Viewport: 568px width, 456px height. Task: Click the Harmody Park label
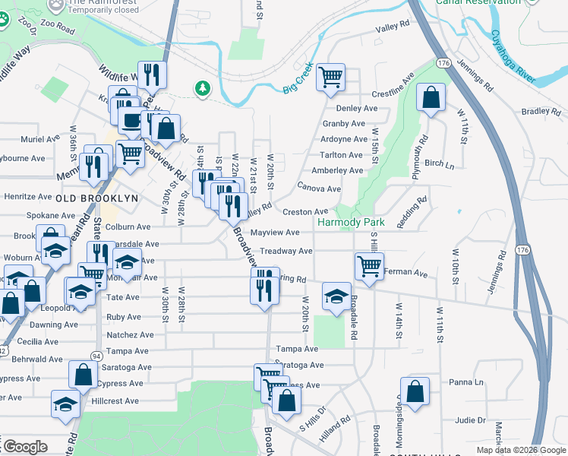(352, 223)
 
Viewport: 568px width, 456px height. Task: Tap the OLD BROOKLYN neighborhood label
(97, 198)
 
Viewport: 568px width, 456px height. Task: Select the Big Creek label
(298, 82)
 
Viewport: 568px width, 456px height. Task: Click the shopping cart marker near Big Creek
(331, 77)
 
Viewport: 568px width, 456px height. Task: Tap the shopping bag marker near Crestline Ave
(431, 98)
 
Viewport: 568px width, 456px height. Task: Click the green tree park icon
(203, 89)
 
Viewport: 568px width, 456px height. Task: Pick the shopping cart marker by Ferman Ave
(369, 267)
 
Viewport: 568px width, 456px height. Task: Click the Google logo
(24, 447)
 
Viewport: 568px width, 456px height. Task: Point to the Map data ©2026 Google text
(520, 450)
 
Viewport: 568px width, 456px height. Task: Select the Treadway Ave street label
(286, 251)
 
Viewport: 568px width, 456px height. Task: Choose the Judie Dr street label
(471, 420)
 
